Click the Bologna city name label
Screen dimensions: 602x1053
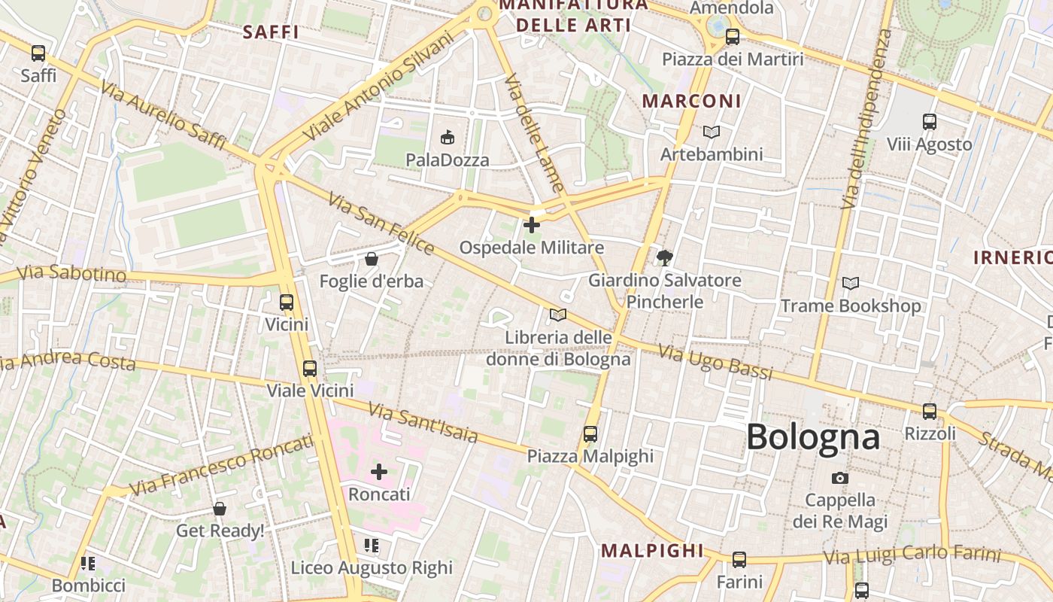click(x=812, y=437)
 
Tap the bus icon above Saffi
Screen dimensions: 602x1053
click(x=38, y=53)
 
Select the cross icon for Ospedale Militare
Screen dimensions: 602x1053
click(x=532, y=225)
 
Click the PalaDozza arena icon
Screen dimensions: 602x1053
click(x=448, y=137)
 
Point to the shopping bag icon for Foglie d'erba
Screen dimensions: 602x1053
click(x=372, y=260)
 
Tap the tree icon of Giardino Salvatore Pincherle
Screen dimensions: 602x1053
click(x=664, y=258)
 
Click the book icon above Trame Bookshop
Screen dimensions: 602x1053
click(x=851, y=284)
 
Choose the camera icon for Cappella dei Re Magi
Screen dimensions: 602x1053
click(x=840, y=478)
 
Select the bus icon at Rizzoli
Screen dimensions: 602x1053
click(x=930, y=412)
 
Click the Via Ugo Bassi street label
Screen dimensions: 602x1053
click(x=715, y=362)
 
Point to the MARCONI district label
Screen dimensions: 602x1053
click(x=691, y=101)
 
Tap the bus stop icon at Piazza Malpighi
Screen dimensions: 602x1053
click(x=590, y=434)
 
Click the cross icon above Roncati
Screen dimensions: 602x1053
click(x=379, y=472)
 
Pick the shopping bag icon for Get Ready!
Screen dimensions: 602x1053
click(x=220, y=509)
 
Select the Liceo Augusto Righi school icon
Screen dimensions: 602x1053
click(x=372, y=545)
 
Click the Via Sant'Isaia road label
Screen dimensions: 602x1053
click(x=423, y=422)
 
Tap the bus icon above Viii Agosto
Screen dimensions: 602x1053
click(x=930, y=122)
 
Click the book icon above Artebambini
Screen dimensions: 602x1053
click(x=712, y=132)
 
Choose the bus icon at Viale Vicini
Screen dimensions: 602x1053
click(x=310, y=369)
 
